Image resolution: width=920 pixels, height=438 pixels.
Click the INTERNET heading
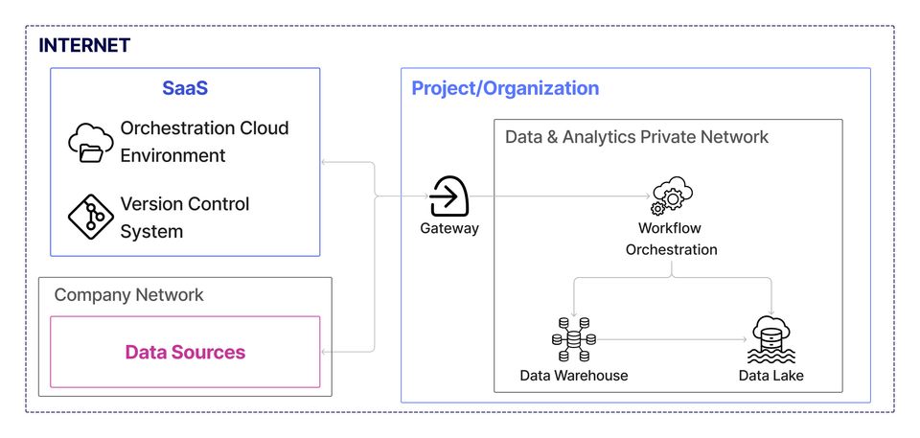click(x=84, y=45)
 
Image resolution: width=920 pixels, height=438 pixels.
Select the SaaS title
click(x=185, y=89)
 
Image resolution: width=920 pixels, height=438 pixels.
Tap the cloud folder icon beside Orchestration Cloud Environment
click(x=91, y=143)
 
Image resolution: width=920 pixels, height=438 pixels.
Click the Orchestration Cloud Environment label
click(x=203, y=141)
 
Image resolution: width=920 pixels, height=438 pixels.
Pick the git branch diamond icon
click(x=91, y=218)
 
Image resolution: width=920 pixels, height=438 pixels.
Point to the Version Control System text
click(x=184, y=218)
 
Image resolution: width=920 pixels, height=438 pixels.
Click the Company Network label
click(x=128, y=294)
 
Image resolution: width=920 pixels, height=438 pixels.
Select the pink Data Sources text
click(x=185, y=352)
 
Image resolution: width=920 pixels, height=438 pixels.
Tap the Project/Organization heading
click(x=505, y=88)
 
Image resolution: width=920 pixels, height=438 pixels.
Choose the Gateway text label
click(x=448, y=228)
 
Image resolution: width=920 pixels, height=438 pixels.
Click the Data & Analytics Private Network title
click(x=636, y=137)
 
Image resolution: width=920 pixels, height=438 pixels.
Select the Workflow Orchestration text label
click(x=671, y=239)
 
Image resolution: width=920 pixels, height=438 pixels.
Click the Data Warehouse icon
click(x=573, y=338)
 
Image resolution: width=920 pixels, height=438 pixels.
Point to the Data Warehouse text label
click(x=573, y=375)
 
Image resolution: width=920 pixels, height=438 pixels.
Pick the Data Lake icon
click(x=771, y=338)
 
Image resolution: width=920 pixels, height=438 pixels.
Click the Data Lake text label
click(x=771, y=375)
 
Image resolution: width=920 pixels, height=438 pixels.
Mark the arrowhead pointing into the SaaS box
click(x=326, y=163)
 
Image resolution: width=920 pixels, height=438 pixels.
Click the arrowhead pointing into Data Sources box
click(x=326, y=352)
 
